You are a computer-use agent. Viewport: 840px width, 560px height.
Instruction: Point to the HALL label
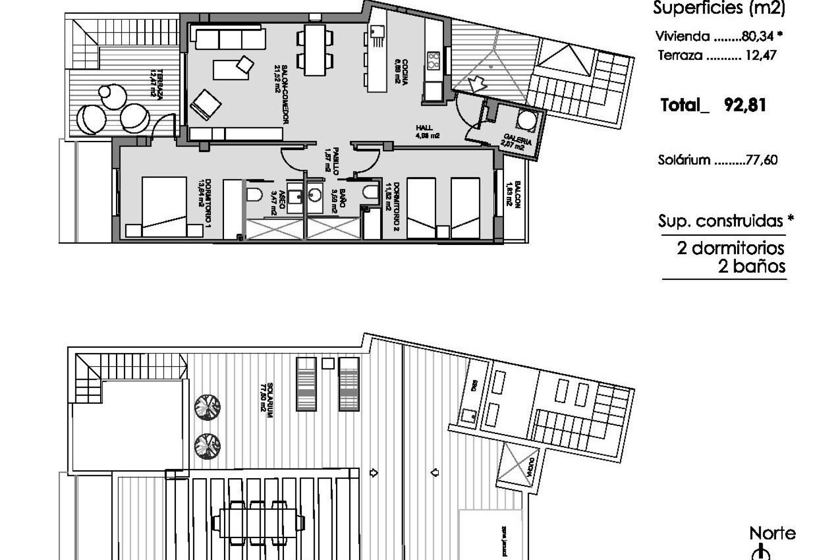[424, 128]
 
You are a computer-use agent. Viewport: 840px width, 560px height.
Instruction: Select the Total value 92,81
[745, 105]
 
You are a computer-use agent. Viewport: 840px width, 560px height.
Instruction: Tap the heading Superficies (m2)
[719, 8]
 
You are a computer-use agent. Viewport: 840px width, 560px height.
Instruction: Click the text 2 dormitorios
[731, 248]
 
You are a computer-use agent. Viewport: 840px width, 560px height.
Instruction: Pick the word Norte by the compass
[772, 533]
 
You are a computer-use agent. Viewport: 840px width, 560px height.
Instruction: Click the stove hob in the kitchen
[433, 61]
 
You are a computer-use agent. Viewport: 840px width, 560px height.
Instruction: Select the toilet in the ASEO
[254, 194]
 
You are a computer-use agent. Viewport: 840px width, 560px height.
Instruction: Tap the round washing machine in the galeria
[526, 120]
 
